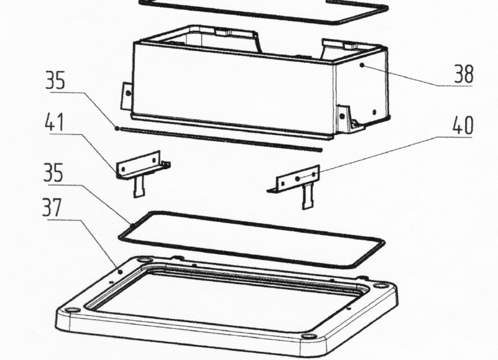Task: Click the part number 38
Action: (464, 74)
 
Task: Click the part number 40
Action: (463, 125)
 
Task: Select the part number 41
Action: (54, 122)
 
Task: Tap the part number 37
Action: (52, 208)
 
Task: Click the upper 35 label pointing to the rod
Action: (55, 80)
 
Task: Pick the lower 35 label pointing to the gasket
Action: (53, 172)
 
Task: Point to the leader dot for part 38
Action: (362, 65)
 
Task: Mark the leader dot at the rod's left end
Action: (117, 128)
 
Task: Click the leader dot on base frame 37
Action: (120, 272)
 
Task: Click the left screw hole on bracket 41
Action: (124, 169)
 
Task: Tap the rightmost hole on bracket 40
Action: (314, 174)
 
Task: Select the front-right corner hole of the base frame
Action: (307, 336)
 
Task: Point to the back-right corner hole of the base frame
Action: (379, 286)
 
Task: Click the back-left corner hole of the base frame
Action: (145, 261)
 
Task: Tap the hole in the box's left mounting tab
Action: (128, 93)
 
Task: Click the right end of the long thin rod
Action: (320, 149)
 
